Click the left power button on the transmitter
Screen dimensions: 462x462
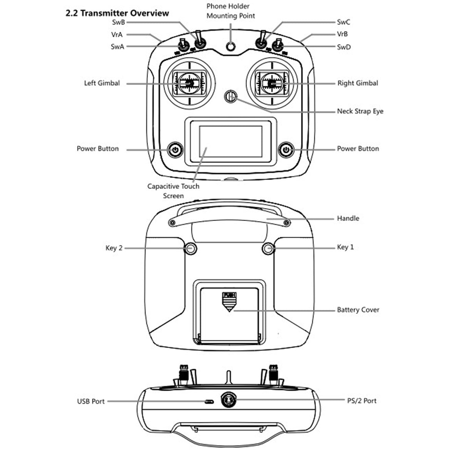point(175,149)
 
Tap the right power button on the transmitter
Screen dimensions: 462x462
point(286,149)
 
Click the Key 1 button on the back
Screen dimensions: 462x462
point(268,249)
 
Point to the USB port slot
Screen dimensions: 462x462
point(209,402)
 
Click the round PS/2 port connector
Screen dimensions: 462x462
point(228,400)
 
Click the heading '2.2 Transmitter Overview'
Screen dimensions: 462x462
point(117,13)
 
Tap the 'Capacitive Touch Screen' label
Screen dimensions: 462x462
point(173,191)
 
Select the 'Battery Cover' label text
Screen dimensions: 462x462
point(358,310)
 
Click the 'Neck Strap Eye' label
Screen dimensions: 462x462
point(360,111)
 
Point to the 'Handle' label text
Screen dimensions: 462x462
point(348,218)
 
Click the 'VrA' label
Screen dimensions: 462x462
point(117,35)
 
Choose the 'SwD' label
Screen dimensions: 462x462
point(344,47)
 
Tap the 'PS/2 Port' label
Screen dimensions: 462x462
point(362,401)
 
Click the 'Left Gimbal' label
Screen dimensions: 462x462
point(102,83)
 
